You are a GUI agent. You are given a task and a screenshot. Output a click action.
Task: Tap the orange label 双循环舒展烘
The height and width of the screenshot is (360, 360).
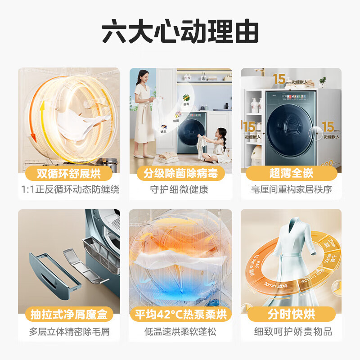click(x=69, y=174)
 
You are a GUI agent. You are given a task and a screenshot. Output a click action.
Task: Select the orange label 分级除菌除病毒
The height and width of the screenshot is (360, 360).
click(x=180, y=174)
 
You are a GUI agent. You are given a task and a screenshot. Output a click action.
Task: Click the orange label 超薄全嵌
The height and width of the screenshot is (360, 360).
click(x=291, y=174)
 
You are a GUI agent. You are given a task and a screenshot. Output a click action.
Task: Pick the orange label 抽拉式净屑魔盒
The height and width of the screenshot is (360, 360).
click(x=69, y=315)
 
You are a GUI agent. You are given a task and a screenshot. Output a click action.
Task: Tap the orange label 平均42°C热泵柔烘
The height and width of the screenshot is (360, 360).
click(x=180, y=315)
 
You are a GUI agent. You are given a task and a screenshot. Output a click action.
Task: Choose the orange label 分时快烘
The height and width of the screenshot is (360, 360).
click(x=291, y=315)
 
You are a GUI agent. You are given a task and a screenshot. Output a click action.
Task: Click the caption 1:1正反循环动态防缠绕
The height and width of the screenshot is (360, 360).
click(x=69, y=189)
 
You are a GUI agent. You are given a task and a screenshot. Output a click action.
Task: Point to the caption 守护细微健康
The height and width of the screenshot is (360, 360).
click(x=180, y=189)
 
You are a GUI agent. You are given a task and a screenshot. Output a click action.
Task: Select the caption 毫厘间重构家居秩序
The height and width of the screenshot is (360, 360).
click(x=291, y=189)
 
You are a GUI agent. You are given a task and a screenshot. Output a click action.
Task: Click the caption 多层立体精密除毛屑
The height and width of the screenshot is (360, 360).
click(x=69, y=332)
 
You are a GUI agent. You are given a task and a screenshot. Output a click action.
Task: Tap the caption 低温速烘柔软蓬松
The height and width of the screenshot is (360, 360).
click(x=180, y=332)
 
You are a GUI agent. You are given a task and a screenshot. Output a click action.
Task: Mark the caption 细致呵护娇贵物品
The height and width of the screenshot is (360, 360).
click(x=291, y=332)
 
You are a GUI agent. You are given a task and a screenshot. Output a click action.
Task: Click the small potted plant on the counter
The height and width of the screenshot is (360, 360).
click(x=322, y=82)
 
